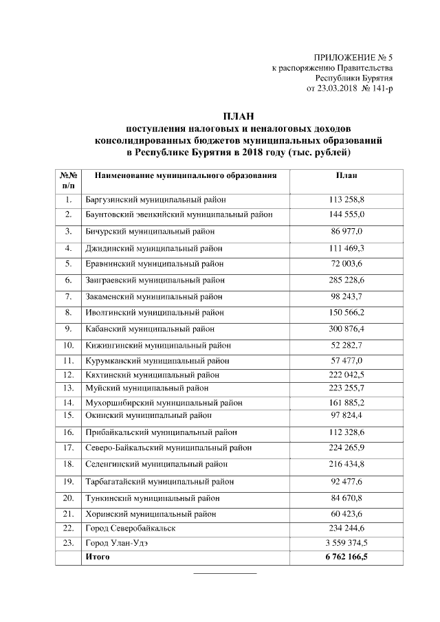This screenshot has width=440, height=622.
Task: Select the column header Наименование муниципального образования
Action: click(186, 175)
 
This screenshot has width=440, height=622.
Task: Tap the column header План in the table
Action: click(346, 175)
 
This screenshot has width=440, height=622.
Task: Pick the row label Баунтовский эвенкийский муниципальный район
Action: click(179, 215)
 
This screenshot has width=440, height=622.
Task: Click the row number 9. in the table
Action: click(69, 328)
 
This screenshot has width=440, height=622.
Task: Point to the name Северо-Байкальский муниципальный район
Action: click(168, 448)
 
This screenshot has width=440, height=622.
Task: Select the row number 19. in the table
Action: click(69, 481)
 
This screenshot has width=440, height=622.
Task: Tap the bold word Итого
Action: click(97, 557)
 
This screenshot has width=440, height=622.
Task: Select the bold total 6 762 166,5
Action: click(346, 557)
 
